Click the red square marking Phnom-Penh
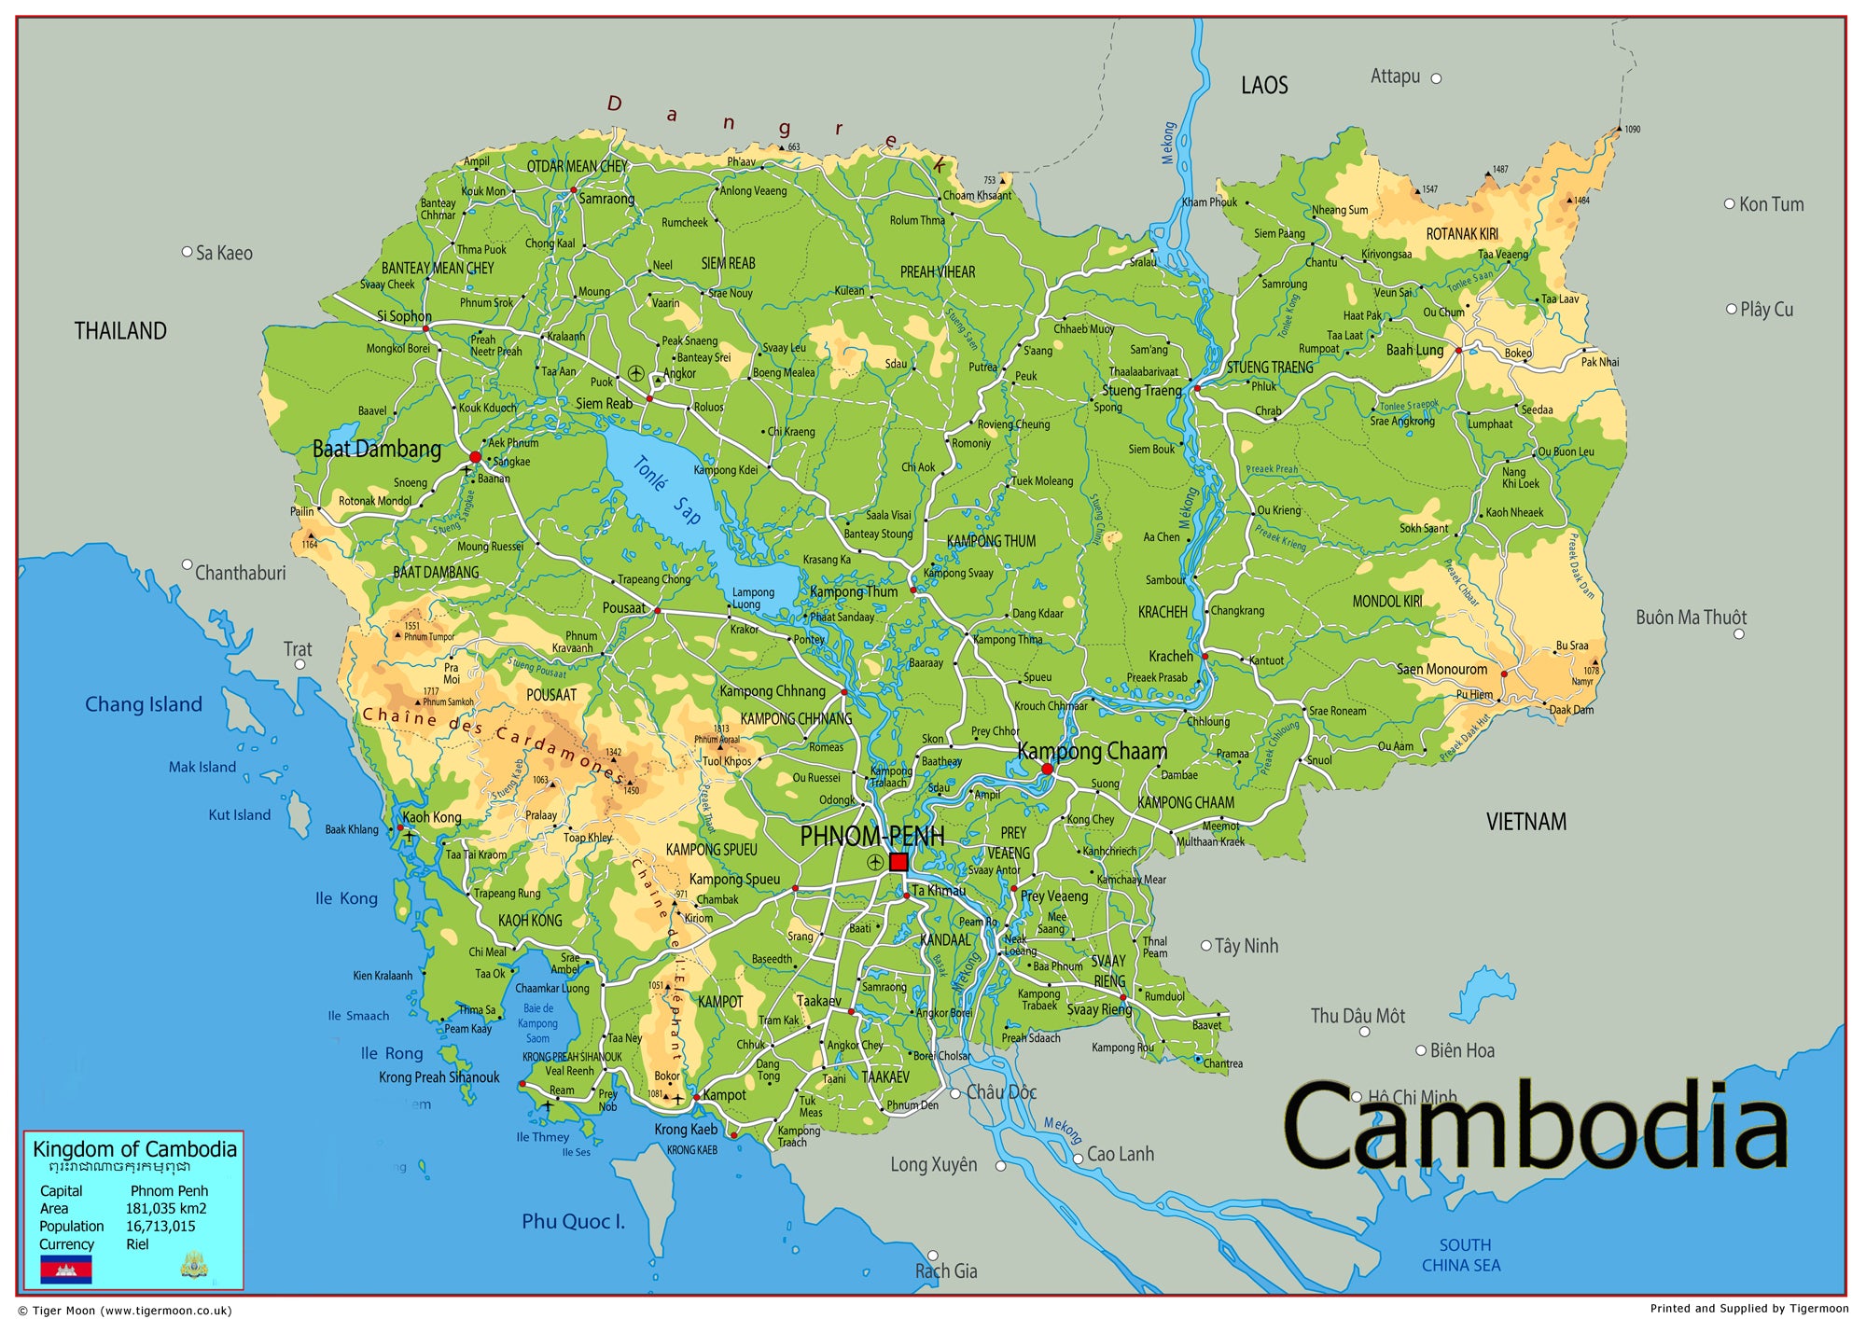click(898, 862)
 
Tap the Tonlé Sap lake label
click(667, 491)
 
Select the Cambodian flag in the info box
click(65, 1269)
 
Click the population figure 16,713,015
click(160, 1227)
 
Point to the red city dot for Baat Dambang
click(475, 457)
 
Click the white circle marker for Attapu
click(1436, 78)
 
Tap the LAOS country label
click(1264, 86)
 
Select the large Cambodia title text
click(1535, 1127)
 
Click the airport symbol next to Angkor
click(636, 373)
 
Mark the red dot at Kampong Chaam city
click(1047, 770)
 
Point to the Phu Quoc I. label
click(573, 1221)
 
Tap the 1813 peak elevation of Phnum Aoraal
click(721, 729)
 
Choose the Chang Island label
click(144, 704)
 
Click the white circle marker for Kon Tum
click(1729, 203)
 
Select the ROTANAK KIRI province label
click(1462, 234)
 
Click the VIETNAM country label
click(1526, 822)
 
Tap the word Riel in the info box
click(137, 1244)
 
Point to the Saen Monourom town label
click(1441, 669)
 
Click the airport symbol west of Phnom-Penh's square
click(874, 862)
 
